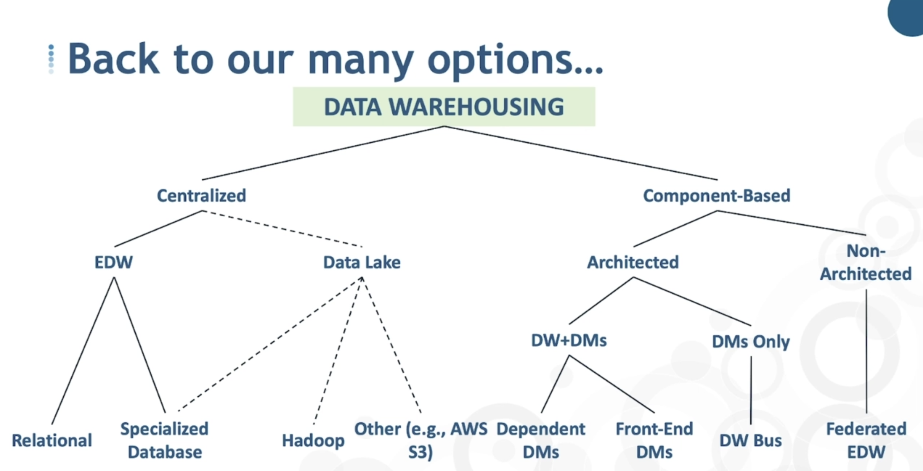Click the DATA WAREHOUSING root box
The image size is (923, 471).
(444, 107)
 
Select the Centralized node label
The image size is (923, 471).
(201, 196)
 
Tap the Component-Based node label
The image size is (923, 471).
(717, 196)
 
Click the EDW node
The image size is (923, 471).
(114, 262)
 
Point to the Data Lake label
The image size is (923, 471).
(362, 262)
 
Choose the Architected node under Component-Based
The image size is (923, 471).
(633, 262)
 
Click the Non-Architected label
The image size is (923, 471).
(866, 262)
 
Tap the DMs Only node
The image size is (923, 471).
(751, 341)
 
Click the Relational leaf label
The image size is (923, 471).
(52, 441)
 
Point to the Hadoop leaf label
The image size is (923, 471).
(313, 441)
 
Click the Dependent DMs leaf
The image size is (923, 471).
(541, 441)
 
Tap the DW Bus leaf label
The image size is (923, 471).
(751, 441)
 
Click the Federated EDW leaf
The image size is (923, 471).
(866, 441)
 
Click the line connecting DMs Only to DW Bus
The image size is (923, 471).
(751, 390)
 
